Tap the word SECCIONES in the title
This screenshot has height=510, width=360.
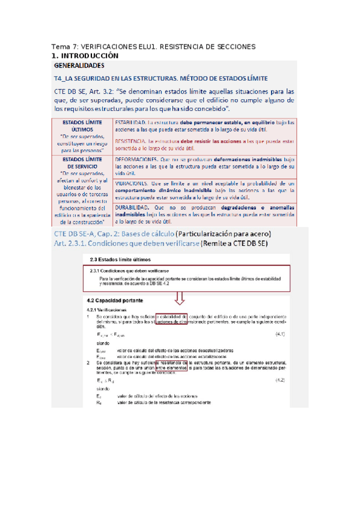[x=235, y=47]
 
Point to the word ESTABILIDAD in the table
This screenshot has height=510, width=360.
[x=130, y=122]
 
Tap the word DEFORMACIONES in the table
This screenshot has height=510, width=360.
[x=137, y=158]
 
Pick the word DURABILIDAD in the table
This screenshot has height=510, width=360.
[x=134, y=206]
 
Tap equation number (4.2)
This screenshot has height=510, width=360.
[x=280, y=380]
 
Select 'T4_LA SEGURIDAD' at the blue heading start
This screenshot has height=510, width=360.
[x=87, y=78]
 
